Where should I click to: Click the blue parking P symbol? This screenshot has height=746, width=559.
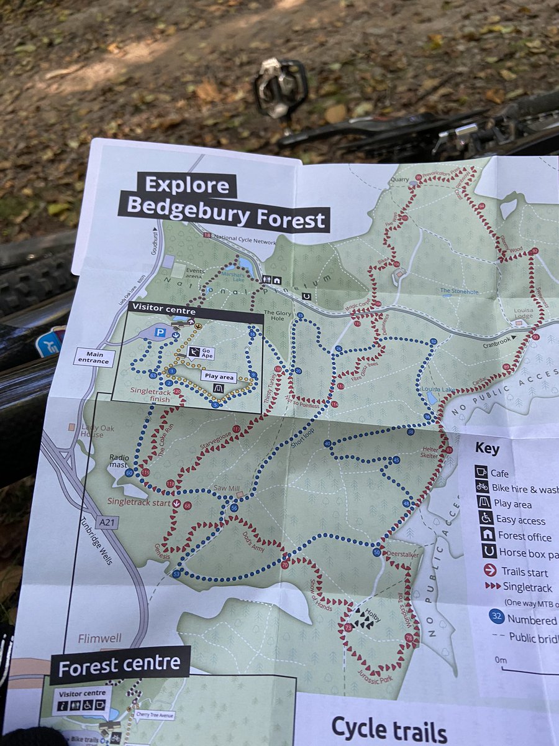pyautogui.click(x=160, y=333)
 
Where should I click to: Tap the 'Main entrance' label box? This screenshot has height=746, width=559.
pyautogui.click(x=94, y=357)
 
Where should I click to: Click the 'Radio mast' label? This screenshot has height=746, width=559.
pyautogui.click(x=120, y=461)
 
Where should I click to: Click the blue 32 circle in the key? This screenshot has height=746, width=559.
pyautogui.click(x=496, y=617)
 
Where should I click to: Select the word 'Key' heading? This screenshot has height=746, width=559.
pyautogui.click(x=487, y=449)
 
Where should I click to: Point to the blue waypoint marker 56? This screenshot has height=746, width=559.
pyautogui.click(x=234, y=508)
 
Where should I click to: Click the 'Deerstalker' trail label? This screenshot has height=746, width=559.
pyautogui.click(x=401, y=551)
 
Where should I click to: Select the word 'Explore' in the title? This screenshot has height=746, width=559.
pyautogui.click(x=187, y=185)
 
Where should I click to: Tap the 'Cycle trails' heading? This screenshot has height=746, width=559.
pyautogui.click(x=389, y=729)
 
